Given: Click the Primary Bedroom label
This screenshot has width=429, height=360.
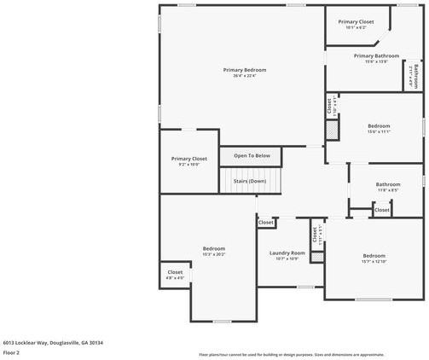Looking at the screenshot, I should tap(245, 70).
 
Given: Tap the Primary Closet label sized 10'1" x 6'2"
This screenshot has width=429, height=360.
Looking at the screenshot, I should tap(356, 21).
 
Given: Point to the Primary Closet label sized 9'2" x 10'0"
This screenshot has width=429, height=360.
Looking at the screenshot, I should tap(188, 159).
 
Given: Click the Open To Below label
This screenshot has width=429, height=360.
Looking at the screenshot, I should tap(252, 156).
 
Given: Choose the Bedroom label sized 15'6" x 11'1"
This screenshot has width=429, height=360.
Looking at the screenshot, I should tap(378, 125).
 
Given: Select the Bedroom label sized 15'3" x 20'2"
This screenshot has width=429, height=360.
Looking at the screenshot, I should tap(214, 248).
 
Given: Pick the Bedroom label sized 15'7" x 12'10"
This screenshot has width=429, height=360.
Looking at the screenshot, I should tap(374, 256).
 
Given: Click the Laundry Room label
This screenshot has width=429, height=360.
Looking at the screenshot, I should tap(287, 253).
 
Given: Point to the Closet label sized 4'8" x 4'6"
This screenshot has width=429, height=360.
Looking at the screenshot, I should tap(175, 272).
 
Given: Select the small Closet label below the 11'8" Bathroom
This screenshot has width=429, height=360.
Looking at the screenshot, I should tap(381, 210).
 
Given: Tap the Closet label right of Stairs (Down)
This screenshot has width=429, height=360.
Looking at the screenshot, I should tap(266, 223).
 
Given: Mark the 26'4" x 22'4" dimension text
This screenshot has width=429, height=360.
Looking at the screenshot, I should tap(245, 76).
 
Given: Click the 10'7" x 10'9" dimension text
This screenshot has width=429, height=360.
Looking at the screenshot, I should tap(287, 259).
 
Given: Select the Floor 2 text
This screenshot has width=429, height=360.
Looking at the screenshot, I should tap(11, 351).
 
